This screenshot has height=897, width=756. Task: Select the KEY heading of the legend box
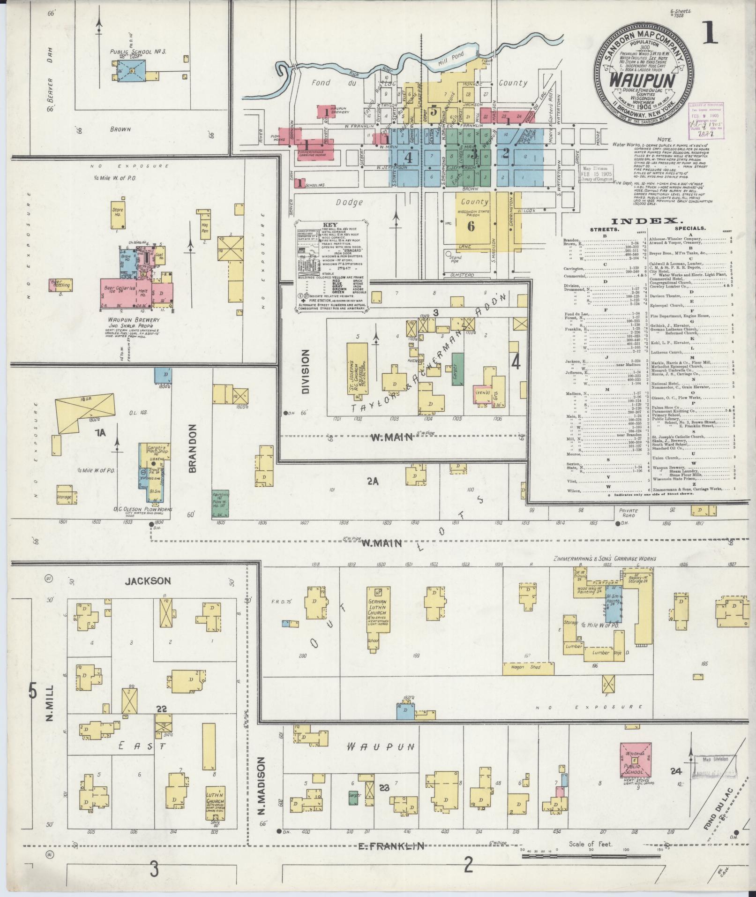coord(330,225)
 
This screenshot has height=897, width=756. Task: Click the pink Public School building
coord(635,760)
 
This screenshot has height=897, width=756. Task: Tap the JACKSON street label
coord(148,581)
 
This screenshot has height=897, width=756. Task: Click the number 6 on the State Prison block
coord(471,226)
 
